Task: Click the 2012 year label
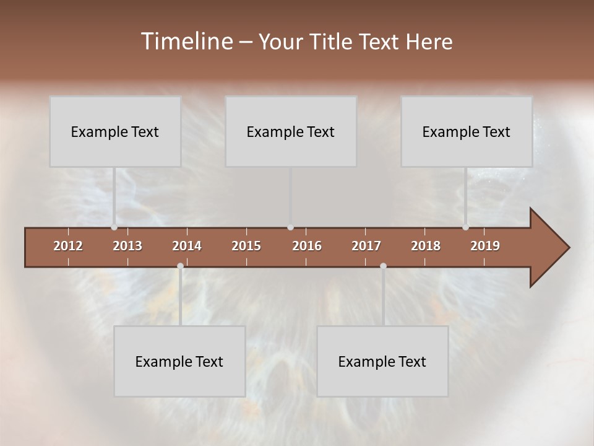pyautogui.click(x=68, y=246)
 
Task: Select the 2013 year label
pyautogui.click(x=127, y=246)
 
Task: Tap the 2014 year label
pyautogui.click(x=187, y=246)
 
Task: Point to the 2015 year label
pyautogui.click(x=246, y=246)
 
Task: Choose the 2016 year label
pyautogui.click(x=307, y=246)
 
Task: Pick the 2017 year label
pyautogui.click(x=366, y=246)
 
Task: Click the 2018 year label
pyautogui.click(x=426, y=246)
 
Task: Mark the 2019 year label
pyautogui.click(x=485, y=246)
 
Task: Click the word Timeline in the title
pyautogui.click(x=186, y=42)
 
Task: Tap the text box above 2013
pyautogui.click(x=115, y=131)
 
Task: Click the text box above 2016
pyautogui.click(x=291, y=131)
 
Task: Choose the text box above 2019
pyautogui.click(x=467, y=131)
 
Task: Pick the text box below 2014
pyautogui.click(x=179, y=361)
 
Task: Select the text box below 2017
pyautogui.click(x=382, y=361)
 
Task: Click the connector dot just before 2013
pyautogui.click(x=114, y=227)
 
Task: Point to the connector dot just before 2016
pyautogui.click(x=291, y=227)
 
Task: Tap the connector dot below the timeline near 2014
pyautogui.click(x=180, y=266)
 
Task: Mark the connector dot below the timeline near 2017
pyautogui.click(x=383, y=266)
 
